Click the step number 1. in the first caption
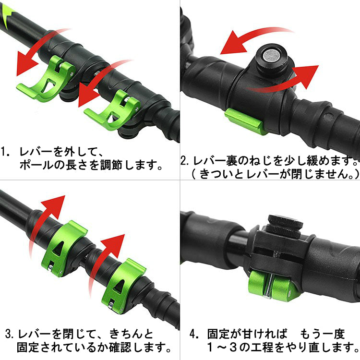coord(5,152)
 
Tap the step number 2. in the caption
coord(185,160)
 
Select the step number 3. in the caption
coord(10,334)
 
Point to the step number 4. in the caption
coord(194,334)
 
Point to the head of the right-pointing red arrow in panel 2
coord(307,76)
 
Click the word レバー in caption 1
coord(36,152)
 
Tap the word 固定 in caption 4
coord(218,334)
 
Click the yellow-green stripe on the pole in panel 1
coord(7,16)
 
